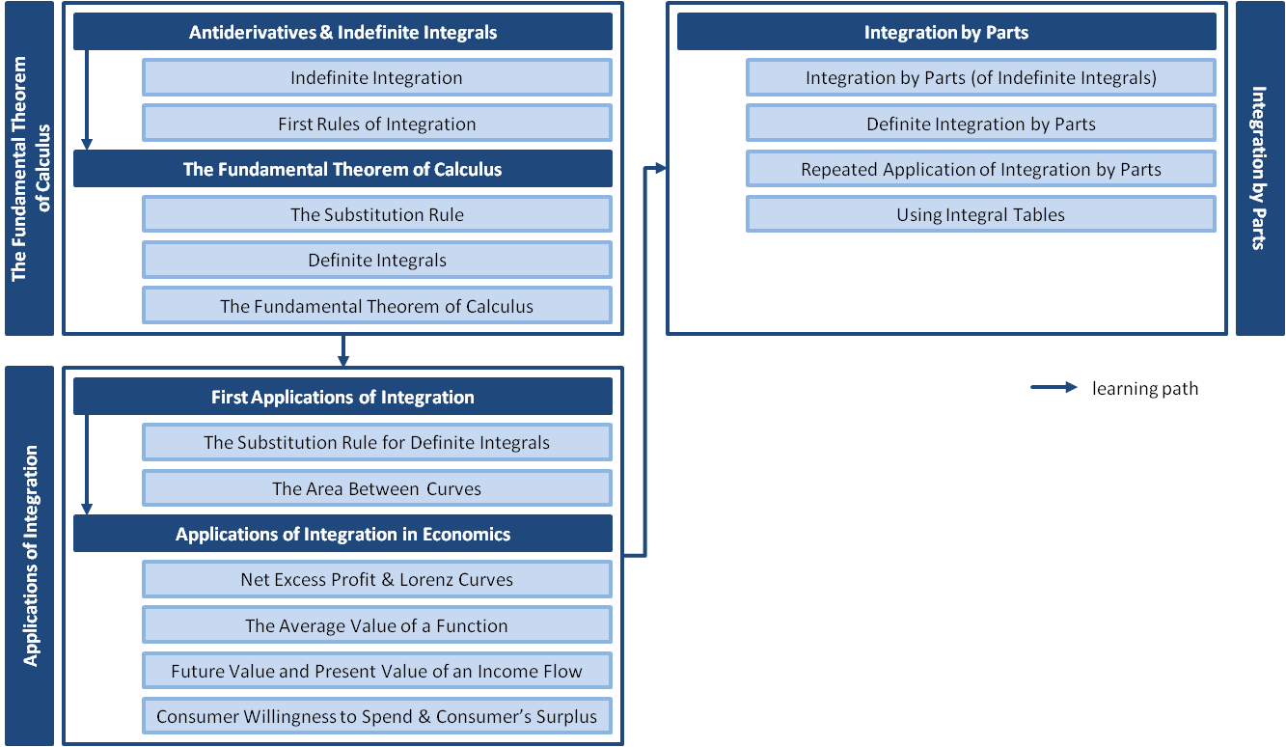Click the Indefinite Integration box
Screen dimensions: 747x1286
(x=376, y=78)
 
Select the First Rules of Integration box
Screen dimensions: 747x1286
(x=376, y=124)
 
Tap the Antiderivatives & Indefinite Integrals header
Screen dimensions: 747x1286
(x=342, y=33)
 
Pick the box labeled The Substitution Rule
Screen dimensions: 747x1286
(x=376, y=214)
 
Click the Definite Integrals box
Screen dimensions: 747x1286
(x=376, y=260)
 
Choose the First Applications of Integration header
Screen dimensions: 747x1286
(x=342, y=397)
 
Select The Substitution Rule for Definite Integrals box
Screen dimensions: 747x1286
(x=376, y=443)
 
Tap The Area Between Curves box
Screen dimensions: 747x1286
(x=376, y=488)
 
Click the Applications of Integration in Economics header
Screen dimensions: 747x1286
(x=342, y=534)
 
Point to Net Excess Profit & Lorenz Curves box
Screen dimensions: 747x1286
(x=376, y=580)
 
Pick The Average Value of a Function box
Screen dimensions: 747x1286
(x=376, y=625)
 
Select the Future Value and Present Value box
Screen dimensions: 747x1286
(x=376, y=671)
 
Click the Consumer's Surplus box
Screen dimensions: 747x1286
(x=376, y=717)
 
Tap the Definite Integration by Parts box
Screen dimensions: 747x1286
(x=980, y=124)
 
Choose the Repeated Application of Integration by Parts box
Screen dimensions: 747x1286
(x=980, y=170)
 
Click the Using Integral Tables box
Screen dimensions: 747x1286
(x=980, y=214)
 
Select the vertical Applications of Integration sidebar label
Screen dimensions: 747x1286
(x=30, y=556)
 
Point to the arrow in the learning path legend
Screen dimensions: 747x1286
(x=1053, y=388)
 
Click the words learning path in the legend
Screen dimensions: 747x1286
(x=1145, y=389)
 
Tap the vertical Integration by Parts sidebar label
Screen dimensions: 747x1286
(x=1259, y=168)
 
